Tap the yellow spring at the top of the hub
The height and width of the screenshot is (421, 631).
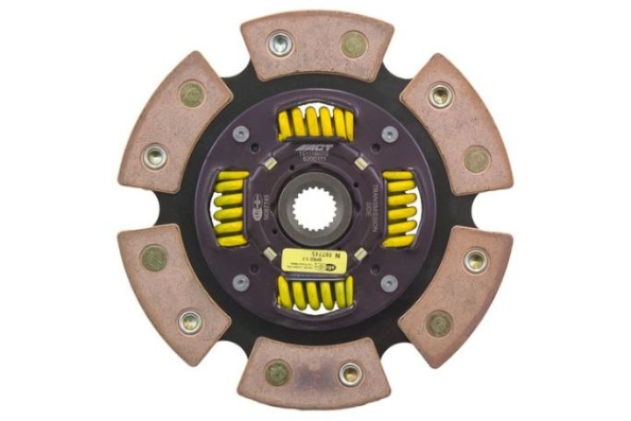[x=315, y=125]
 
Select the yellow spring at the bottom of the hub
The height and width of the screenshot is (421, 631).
[x=315, y=292]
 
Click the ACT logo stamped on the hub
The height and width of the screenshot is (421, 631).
[x=315, y=152]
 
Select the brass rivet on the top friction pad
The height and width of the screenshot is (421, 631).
[x=353, y=44]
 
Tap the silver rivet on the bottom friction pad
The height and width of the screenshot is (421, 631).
[x=350, y=375]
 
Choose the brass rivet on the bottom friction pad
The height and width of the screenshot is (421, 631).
[x=278, y=372]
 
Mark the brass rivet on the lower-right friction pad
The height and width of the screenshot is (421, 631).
[x=439, y=323]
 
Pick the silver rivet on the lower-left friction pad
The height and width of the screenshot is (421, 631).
[x=190, y=321]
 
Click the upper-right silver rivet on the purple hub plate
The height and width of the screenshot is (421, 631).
[x=389, y=134]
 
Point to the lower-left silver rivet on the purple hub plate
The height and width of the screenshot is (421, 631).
[x=241, y=282]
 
